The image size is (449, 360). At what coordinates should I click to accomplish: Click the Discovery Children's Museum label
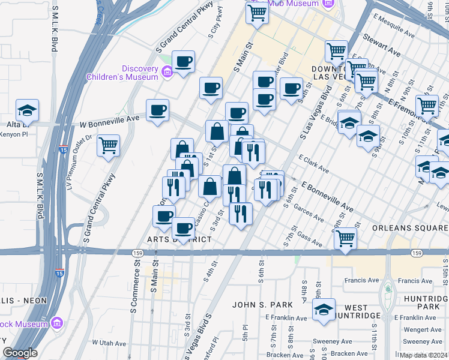tap(122, 72)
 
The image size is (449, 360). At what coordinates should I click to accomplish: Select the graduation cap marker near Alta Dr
tap(27, 110)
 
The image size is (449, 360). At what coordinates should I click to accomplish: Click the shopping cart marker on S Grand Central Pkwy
tap(108, 145)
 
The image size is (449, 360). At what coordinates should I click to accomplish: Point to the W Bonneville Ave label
tap(109, 118)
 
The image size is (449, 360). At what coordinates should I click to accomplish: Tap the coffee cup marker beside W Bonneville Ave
tap(158, 110)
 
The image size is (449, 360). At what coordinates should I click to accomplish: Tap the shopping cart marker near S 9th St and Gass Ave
tap(345, 238)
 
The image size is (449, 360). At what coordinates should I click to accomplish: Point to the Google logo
tap(20, 353)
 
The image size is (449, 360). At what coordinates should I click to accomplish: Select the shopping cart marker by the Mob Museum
tap(257, 13)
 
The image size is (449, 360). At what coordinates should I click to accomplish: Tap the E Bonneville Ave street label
tap(328, 197)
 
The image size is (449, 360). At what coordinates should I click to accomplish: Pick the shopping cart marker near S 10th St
tap(427, 106)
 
